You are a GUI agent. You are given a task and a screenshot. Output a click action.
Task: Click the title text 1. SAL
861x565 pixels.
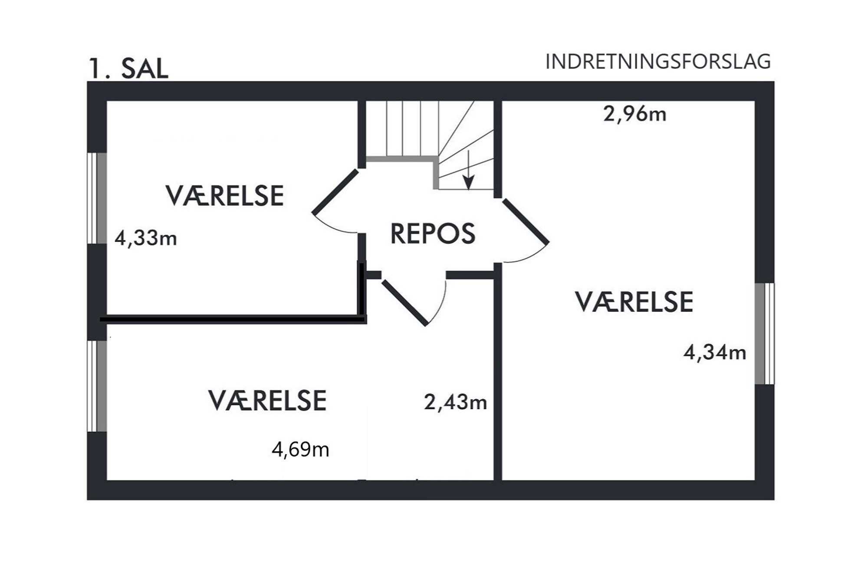(x=128, y=69)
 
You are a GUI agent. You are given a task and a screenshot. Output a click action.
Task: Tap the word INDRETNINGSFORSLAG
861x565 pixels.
(x=658, y=62)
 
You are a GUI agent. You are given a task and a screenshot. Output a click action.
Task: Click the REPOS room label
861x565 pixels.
(x=433, y=233)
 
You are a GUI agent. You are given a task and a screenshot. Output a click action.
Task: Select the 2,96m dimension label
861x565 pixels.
(x=634, y=114)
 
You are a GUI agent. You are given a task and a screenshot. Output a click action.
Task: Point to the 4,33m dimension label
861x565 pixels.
(x=146, y=238)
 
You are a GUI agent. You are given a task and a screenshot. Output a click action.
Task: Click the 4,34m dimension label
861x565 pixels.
(x=715, y=352)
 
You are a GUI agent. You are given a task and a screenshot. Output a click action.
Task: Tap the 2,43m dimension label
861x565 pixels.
(x=455, y=402)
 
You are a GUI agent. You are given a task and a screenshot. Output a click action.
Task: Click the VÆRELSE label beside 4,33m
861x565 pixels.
(x=224, y=196)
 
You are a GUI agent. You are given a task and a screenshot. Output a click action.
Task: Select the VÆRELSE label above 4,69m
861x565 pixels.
(x=267, y=401)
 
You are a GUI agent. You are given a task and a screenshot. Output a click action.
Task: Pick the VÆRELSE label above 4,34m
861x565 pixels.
(x=634, y=302)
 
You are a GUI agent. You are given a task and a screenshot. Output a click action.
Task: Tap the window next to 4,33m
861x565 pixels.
(x=97, y=198)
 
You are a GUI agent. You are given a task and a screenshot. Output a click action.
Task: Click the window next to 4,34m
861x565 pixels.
(x=765, y=333)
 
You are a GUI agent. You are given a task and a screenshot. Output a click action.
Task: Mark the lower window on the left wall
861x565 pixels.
(x=97, y=386)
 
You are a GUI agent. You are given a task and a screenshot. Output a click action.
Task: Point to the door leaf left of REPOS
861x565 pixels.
(x=335, y=191)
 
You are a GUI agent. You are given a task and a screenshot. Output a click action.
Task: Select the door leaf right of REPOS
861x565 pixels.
(x=526, y=221)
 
